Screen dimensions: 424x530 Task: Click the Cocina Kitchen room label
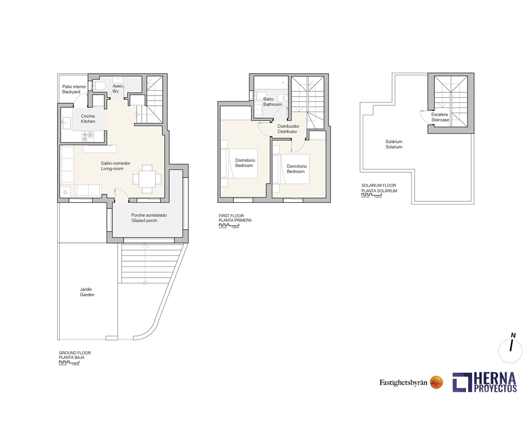88,119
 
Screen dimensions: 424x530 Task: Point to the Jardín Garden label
87,292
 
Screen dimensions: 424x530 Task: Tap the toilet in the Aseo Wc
99,85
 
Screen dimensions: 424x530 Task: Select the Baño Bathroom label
272,101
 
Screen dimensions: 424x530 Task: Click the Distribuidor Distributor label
287,129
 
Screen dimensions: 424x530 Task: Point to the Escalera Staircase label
440,117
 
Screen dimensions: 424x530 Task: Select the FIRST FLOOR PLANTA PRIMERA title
235,218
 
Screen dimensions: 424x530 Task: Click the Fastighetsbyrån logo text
403,382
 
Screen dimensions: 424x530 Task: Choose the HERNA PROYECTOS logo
485,382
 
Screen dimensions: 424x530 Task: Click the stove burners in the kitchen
87,136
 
